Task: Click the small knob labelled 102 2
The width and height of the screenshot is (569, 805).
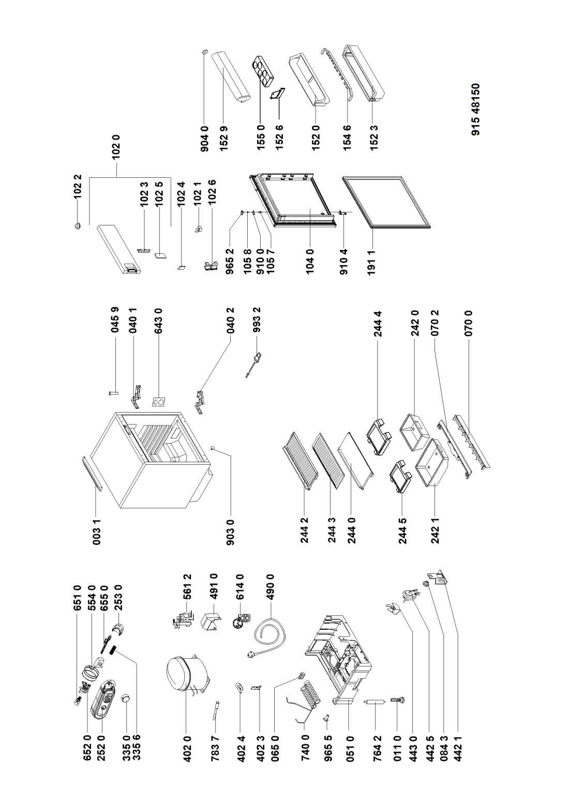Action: (78, 226)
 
